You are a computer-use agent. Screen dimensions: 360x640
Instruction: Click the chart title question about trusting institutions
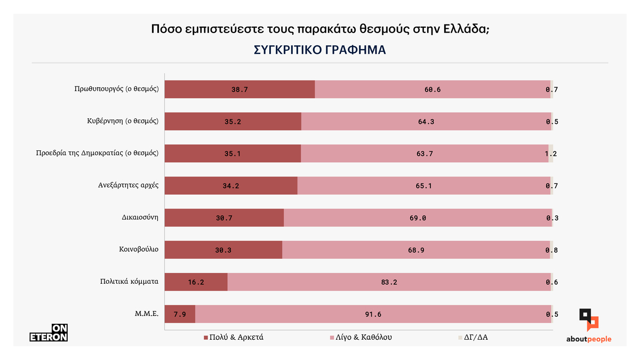320,29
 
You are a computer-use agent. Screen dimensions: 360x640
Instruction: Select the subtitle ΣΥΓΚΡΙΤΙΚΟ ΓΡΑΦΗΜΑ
320,50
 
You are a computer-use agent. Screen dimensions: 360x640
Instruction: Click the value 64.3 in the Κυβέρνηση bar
426,122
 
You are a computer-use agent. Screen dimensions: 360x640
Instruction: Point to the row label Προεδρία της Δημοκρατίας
97,153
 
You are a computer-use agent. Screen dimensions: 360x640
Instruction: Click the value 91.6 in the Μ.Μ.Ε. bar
373,314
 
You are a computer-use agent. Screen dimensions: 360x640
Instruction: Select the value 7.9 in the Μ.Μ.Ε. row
180,314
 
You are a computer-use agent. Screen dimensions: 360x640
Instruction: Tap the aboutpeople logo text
589,339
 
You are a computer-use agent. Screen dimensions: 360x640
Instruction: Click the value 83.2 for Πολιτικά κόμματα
389,282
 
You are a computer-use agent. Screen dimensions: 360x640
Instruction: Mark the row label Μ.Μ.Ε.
146,314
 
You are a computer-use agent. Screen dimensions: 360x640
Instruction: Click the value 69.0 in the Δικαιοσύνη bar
418,218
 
